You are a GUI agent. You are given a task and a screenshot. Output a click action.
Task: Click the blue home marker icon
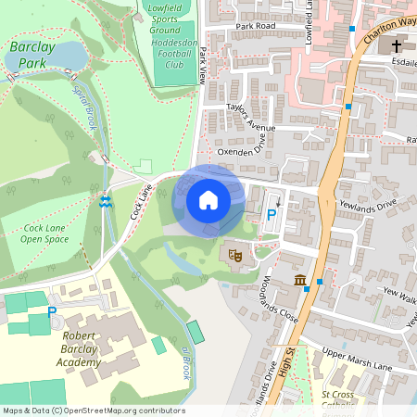(208, 200)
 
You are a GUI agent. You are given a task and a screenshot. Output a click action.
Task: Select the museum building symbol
(300, 281)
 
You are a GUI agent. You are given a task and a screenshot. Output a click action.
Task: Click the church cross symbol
(397, 45)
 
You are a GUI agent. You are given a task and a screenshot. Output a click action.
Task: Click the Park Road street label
(257, 27)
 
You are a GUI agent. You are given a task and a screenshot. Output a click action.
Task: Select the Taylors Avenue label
(252, 119)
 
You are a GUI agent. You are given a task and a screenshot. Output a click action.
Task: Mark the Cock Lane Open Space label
(45, 233)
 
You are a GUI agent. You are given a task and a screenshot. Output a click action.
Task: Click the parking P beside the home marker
(272, 214)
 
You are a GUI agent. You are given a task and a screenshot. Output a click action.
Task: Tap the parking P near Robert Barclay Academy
(52, 312)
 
